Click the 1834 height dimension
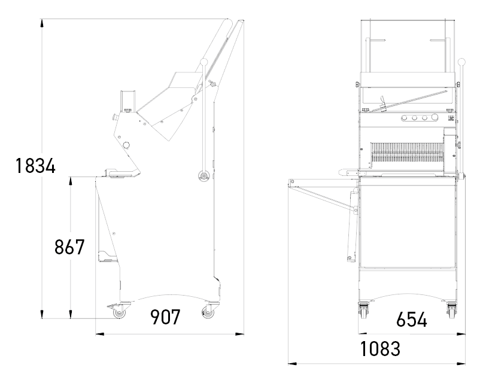pos(35,166)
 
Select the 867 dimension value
pos(69,247)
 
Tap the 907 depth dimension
pos(165,317)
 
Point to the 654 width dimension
pos(411,320)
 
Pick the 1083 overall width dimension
pos(380,349)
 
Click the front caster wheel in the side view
pos(119,313)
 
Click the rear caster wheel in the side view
pos(208,312)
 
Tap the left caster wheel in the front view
pos(363,311)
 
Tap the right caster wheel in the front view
pos(451,311)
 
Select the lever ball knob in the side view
pos(204,62)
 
